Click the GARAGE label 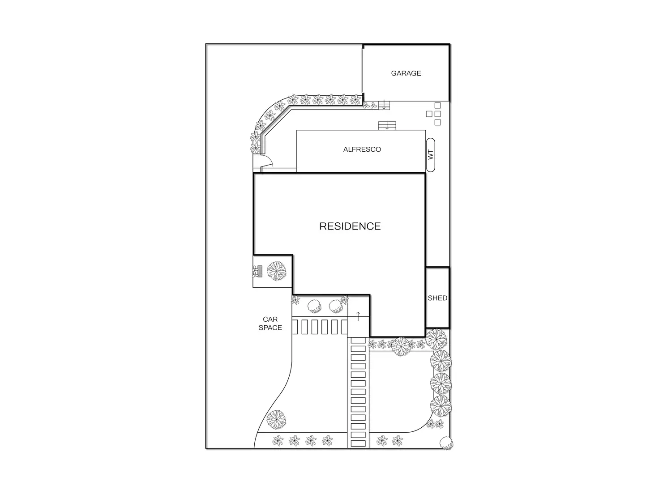click(406, 73)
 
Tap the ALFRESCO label click(362, 149)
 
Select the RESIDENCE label click(350, 226)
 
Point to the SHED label click(437, 298)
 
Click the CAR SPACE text click(270, 324)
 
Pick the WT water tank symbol click(431, 155)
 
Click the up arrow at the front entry click(358, 317)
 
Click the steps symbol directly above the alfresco click(387, 126)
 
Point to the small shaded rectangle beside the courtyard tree click(260, 271)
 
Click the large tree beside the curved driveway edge click(276, 419)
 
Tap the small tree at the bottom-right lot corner click(445, 443)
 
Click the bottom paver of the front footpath click(358, 443)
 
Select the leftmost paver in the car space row click(295, 327)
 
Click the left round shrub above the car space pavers click(314, 307)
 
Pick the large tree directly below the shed click(436, 339)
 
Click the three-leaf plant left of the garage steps click(370, 106)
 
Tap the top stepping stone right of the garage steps click(437, 106)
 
